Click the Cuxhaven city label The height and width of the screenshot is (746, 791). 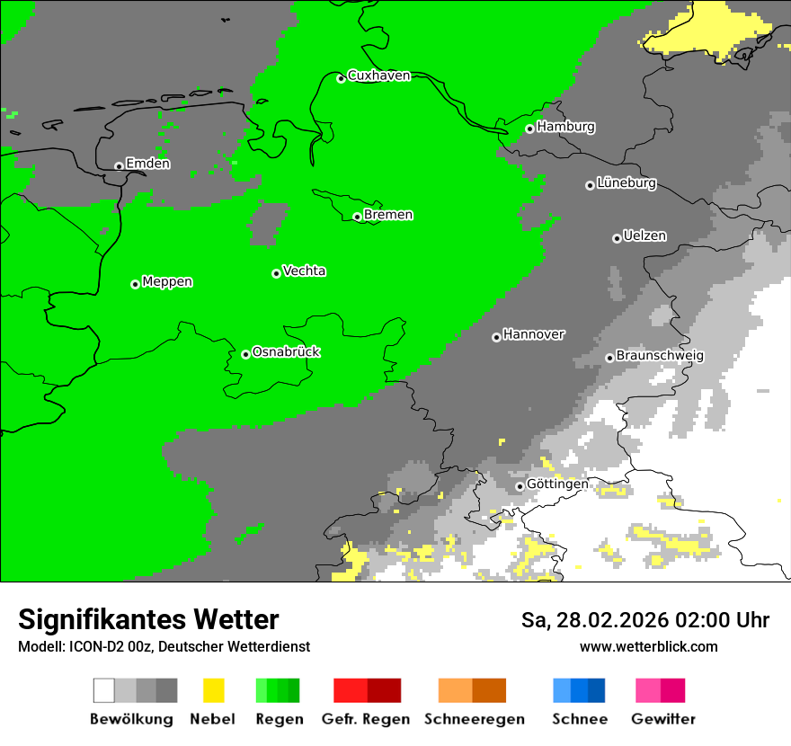[378, 75]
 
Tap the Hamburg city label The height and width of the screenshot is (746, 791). [565, 127]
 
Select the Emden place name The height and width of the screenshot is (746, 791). [147, 164]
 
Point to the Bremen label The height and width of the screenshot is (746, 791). [387, 215]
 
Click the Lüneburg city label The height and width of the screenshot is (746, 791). [626, 183]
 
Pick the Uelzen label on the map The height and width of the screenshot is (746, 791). [644, 236]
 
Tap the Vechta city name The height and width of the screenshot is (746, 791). [304, 271]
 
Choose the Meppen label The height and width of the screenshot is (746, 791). [167, 282]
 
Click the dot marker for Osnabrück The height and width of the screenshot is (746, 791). [245, 354]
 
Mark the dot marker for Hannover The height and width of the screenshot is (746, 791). [496, 337]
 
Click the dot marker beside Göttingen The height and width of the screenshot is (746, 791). [520, 486]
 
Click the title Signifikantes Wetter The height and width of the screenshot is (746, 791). [148, 619]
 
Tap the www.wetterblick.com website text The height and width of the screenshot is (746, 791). [648, 646]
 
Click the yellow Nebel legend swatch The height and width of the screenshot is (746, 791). [213, 690]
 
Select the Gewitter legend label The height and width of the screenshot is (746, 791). [663, 719]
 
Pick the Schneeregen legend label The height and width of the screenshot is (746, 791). [474, 719]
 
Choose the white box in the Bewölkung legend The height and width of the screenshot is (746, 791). [103, 690]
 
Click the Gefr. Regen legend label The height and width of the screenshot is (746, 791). [366, 719]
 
